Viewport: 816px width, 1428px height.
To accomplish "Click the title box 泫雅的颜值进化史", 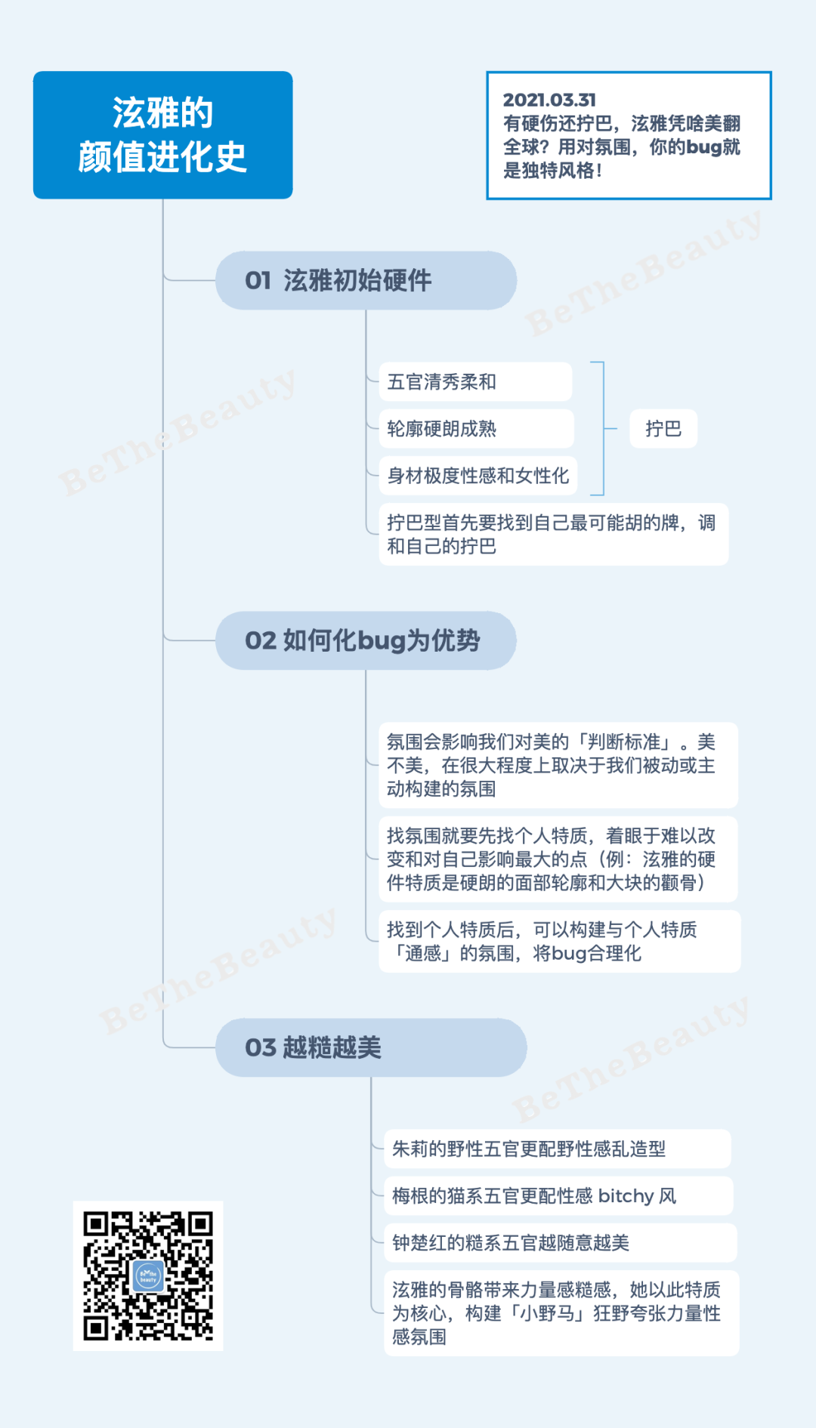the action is pyautogui.click(x=162, y=135).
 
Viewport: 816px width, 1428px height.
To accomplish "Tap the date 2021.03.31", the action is pyautogui.click(x=549, y=100).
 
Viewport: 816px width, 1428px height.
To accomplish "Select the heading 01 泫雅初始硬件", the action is pyautogui.click(x=366, y=280).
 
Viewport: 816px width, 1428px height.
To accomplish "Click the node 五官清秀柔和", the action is pyautogui.click(x=474, y=382).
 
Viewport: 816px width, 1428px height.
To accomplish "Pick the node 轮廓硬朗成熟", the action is pyautogui.click(x=475, y=429).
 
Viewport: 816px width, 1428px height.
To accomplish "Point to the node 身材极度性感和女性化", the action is pyautogui.click(x=478, y=476).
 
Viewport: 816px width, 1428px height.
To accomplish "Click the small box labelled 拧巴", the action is pyautogui.click(x=663, y=429).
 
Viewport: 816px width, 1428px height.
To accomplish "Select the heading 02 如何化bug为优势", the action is pyautogui.click(x=366, y=640).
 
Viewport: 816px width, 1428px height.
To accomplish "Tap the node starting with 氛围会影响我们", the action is pyautogui.click(x=557, y=765).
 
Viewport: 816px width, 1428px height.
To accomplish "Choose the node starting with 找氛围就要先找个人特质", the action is pyautogui.click(x=557, y=859).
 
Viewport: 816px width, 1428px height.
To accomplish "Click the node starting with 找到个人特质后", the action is pyautogui.click(x=558, y=941).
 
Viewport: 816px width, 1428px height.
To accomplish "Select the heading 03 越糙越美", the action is pyautogui.click(x=370, y=1047).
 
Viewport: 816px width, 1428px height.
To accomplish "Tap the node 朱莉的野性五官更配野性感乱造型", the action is pyautogui.click(x=557, y=1149).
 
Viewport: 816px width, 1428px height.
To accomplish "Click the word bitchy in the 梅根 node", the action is pyautogui.click(x=626, y=1196).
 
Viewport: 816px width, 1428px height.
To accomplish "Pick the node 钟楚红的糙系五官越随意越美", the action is pyautogui.click(x=559, y=1242).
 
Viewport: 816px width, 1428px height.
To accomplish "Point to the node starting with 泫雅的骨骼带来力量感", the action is pyautogui.click(x=561, y=1312).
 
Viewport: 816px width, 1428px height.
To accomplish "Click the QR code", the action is pyautogui.click(x=148, y=1275).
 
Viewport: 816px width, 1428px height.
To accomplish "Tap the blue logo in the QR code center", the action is pyautogui.click(x=148, y=1276).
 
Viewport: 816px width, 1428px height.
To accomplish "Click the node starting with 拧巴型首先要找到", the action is pyautogui.click(x=553, y=534).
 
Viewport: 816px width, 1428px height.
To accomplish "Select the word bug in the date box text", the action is pyautogui.click(x=703, y=147).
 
